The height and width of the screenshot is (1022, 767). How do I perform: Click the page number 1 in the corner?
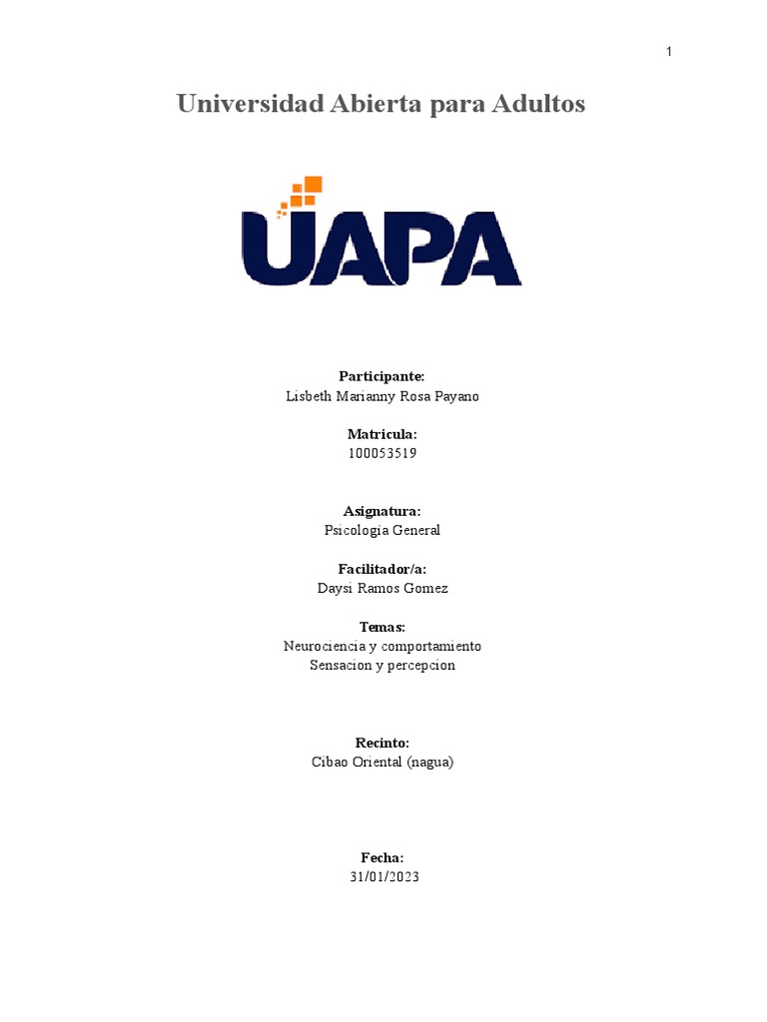pos(669,52)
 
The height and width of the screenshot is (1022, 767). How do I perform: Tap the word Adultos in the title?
pos(538,104)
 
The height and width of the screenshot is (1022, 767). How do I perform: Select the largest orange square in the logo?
pos(313,184)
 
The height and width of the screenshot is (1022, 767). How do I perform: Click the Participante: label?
pos(382,376)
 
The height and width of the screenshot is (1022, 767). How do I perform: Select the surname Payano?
pos(455,396)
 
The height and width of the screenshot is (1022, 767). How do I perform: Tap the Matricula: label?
pos(382,434)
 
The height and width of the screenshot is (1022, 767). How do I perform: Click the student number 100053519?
pos(383,453)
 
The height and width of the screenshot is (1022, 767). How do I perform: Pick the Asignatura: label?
pos(382,511)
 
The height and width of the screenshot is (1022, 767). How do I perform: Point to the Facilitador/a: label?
pos(382,569)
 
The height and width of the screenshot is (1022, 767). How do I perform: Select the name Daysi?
pos(335,588)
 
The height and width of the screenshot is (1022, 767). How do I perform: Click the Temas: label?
pos(382,627)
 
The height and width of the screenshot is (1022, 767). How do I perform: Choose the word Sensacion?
pos(341,665)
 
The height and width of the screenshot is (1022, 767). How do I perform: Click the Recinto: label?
pos(383,743)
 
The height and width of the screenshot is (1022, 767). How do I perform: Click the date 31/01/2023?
pos(383,877)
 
